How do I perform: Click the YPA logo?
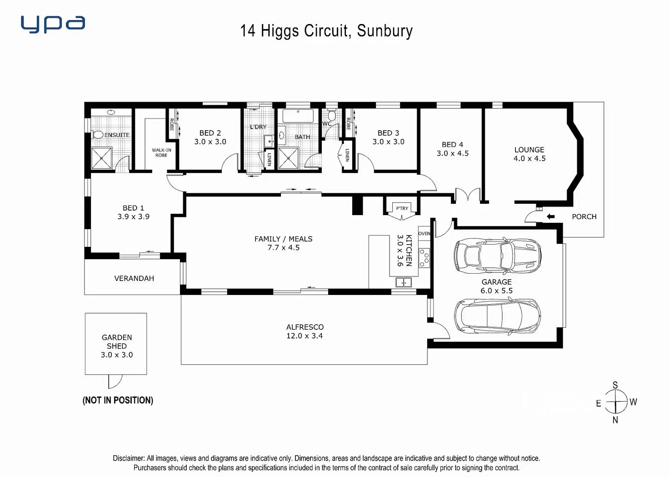pos(53,24)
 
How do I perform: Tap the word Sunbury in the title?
pos(384,31)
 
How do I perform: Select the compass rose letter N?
pos(615,420)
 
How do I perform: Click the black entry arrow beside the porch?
pos(550,216)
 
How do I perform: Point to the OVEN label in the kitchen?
pos(424,234)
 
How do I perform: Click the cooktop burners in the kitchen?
pos(424,257)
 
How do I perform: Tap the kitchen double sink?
pos(404,282)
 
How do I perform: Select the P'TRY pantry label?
pos(402,208)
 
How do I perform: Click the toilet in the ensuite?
pos(98,135)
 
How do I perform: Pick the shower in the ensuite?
pos(101,158)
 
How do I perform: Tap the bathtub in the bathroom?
pos(298,116)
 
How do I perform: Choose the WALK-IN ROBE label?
pos(161,153)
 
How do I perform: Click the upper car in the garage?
pos(497,256)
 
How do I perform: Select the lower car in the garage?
pos(497,316)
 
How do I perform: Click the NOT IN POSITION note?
pos(118,400)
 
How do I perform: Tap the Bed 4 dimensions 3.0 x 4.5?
pos(453,153)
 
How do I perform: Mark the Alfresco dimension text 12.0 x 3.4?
pos(305,336)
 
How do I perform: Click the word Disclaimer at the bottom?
pos(129,458)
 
